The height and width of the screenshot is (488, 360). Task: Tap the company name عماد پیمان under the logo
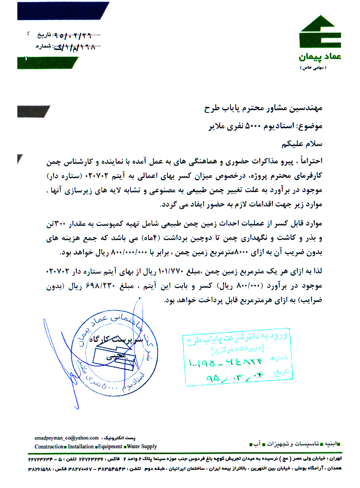[x=320, y=57]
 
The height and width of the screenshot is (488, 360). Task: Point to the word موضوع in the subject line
[x=312, y=127]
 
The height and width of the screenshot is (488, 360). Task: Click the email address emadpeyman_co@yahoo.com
[x=67, y=437]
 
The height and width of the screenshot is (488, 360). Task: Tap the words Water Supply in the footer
[x=142, y=446]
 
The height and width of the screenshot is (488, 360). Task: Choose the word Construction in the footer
[x=49, y=446]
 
